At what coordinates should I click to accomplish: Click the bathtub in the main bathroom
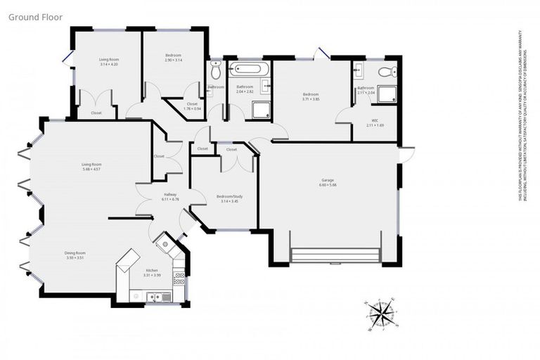[250, 69]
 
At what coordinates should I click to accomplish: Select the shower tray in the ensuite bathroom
[386, 95]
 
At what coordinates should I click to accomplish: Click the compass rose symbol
[380, 312]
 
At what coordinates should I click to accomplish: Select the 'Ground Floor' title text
[34, 15]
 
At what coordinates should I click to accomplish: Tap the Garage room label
[328, 180]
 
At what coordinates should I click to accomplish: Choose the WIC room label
[371, 120]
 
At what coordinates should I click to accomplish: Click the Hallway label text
[169, 194]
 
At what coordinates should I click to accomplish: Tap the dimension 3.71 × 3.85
[311, 99]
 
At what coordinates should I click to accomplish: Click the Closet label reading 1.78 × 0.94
[192, 108]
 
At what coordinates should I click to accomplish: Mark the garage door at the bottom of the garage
[335, 255]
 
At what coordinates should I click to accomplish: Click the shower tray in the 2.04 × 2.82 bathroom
[260, 109]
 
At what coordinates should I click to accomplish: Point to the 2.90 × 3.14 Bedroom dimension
[173, 60]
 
